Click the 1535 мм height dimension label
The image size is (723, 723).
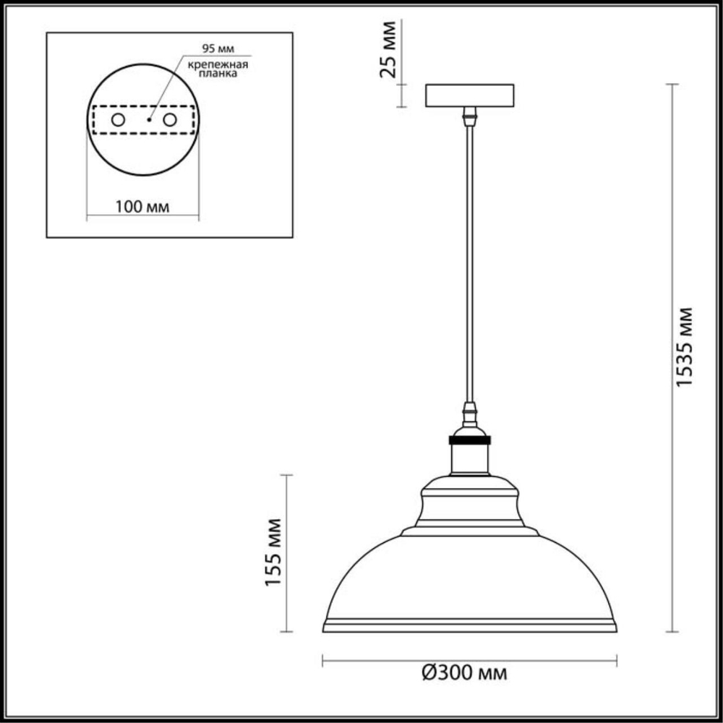(684, 346)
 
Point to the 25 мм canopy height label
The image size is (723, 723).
(389, 50)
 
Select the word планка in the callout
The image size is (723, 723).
(219, 74)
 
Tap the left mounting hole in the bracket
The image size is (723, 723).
(116, 119)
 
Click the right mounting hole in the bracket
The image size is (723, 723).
(170, 119)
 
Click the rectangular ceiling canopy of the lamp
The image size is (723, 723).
(469, 96)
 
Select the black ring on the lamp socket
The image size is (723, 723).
(469, 439)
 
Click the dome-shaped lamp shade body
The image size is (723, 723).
(469, 578)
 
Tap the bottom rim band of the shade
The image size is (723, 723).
(469, 625)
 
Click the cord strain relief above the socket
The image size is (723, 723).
(470, 416)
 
